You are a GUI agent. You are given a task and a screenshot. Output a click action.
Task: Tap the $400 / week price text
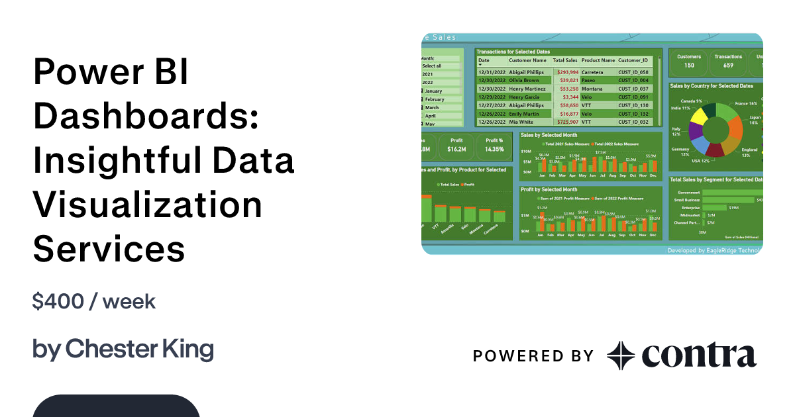94,302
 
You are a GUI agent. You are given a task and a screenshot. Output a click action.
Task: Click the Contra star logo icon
621,355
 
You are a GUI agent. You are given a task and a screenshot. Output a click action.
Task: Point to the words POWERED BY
533,356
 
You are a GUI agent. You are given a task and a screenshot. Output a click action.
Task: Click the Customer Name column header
527,60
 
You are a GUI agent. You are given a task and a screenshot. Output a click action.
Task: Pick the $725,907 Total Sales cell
566,122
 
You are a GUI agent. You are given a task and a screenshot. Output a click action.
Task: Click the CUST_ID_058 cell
633,71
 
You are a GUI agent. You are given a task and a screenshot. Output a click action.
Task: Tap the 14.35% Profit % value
494,149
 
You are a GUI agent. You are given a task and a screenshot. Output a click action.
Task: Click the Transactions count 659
728,65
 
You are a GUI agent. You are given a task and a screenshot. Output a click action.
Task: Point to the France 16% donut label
746,104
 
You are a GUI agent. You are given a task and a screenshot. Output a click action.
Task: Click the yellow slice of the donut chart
697,118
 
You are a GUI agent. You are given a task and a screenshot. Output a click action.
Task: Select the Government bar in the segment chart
729,193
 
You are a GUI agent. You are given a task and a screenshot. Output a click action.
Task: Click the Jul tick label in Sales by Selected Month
602,176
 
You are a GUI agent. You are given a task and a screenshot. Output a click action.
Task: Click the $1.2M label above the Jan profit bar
542,208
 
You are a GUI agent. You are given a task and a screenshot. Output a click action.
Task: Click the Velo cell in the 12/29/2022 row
587,97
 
